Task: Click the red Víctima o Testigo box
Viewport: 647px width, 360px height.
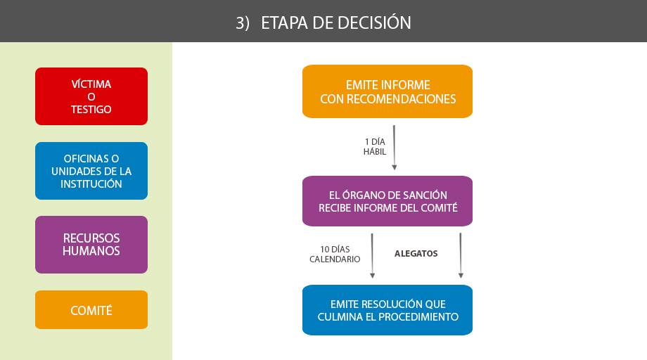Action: pos(91,96)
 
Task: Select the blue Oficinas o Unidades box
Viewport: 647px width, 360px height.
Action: pos(91,171)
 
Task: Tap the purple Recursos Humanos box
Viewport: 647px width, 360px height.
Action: pos(91,245)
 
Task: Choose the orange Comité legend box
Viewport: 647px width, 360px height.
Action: pos(91,309)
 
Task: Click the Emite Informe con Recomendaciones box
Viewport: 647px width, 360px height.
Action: pos(387,91)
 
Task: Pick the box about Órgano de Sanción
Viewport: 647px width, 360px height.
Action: pos(387,201)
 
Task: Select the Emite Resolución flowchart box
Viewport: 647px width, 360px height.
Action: pos(387,310)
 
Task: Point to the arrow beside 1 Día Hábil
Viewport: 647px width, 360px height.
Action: pos(394,148)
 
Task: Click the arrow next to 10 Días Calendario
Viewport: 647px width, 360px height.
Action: pos(372,256)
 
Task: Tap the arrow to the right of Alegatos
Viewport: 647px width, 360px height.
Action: pos(461,256)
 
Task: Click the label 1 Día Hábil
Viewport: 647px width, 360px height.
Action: pos(375,147)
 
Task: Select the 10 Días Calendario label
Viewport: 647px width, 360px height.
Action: pos(335,254)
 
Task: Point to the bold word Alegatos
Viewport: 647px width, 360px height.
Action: pos(416,254)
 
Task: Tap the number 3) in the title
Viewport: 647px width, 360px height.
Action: pos(243,23)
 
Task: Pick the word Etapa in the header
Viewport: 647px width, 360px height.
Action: pos(285,23)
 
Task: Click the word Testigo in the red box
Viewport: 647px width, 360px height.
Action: pos(91,109)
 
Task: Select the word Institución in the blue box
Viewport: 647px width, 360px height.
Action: pos(91,184)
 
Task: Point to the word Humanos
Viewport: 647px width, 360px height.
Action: pos(91,251)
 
